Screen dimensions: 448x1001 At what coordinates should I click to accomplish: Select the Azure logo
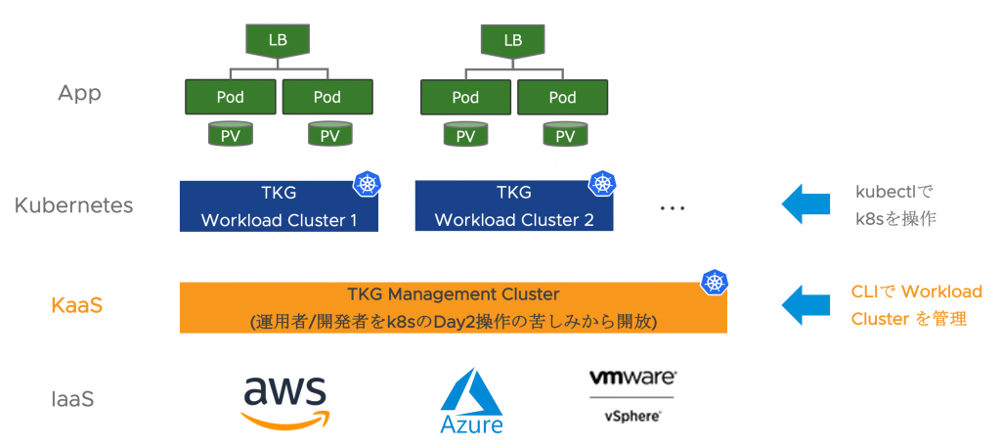471,402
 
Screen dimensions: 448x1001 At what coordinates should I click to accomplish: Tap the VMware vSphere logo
632,395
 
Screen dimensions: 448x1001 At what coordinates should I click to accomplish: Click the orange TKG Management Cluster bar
453,307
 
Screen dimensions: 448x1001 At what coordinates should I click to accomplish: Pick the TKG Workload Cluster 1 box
279,206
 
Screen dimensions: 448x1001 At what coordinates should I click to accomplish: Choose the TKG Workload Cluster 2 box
514,206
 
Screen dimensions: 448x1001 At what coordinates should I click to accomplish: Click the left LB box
278,40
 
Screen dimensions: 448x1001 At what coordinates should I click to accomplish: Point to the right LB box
512,40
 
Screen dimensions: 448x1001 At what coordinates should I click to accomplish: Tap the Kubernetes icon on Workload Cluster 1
367,183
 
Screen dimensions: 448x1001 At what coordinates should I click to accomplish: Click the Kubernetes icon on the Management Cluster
715,283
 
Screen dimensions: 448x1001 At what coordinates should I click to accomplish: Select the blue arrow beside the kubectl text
805,204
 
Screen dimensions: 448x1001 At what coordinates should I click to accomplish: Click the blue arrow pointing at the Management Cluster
805,304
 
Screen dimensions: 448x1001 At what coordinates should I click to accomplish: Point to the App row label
79,94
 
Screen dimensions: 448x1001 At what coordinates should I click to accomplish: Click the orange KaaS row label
77,305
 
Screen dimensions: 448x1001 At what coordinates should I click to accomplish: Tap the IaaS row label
72,399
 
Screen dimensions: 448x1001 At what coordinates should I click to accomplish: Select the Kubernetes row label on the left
74,205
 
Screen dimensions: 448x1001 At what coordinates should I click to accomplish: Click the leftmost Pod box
230,97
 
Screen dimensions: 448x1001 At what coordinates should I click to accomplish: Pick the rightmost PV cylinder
564,135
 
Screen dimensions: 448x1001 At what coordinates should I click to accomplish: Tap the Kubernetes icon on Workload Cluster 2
600,183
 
